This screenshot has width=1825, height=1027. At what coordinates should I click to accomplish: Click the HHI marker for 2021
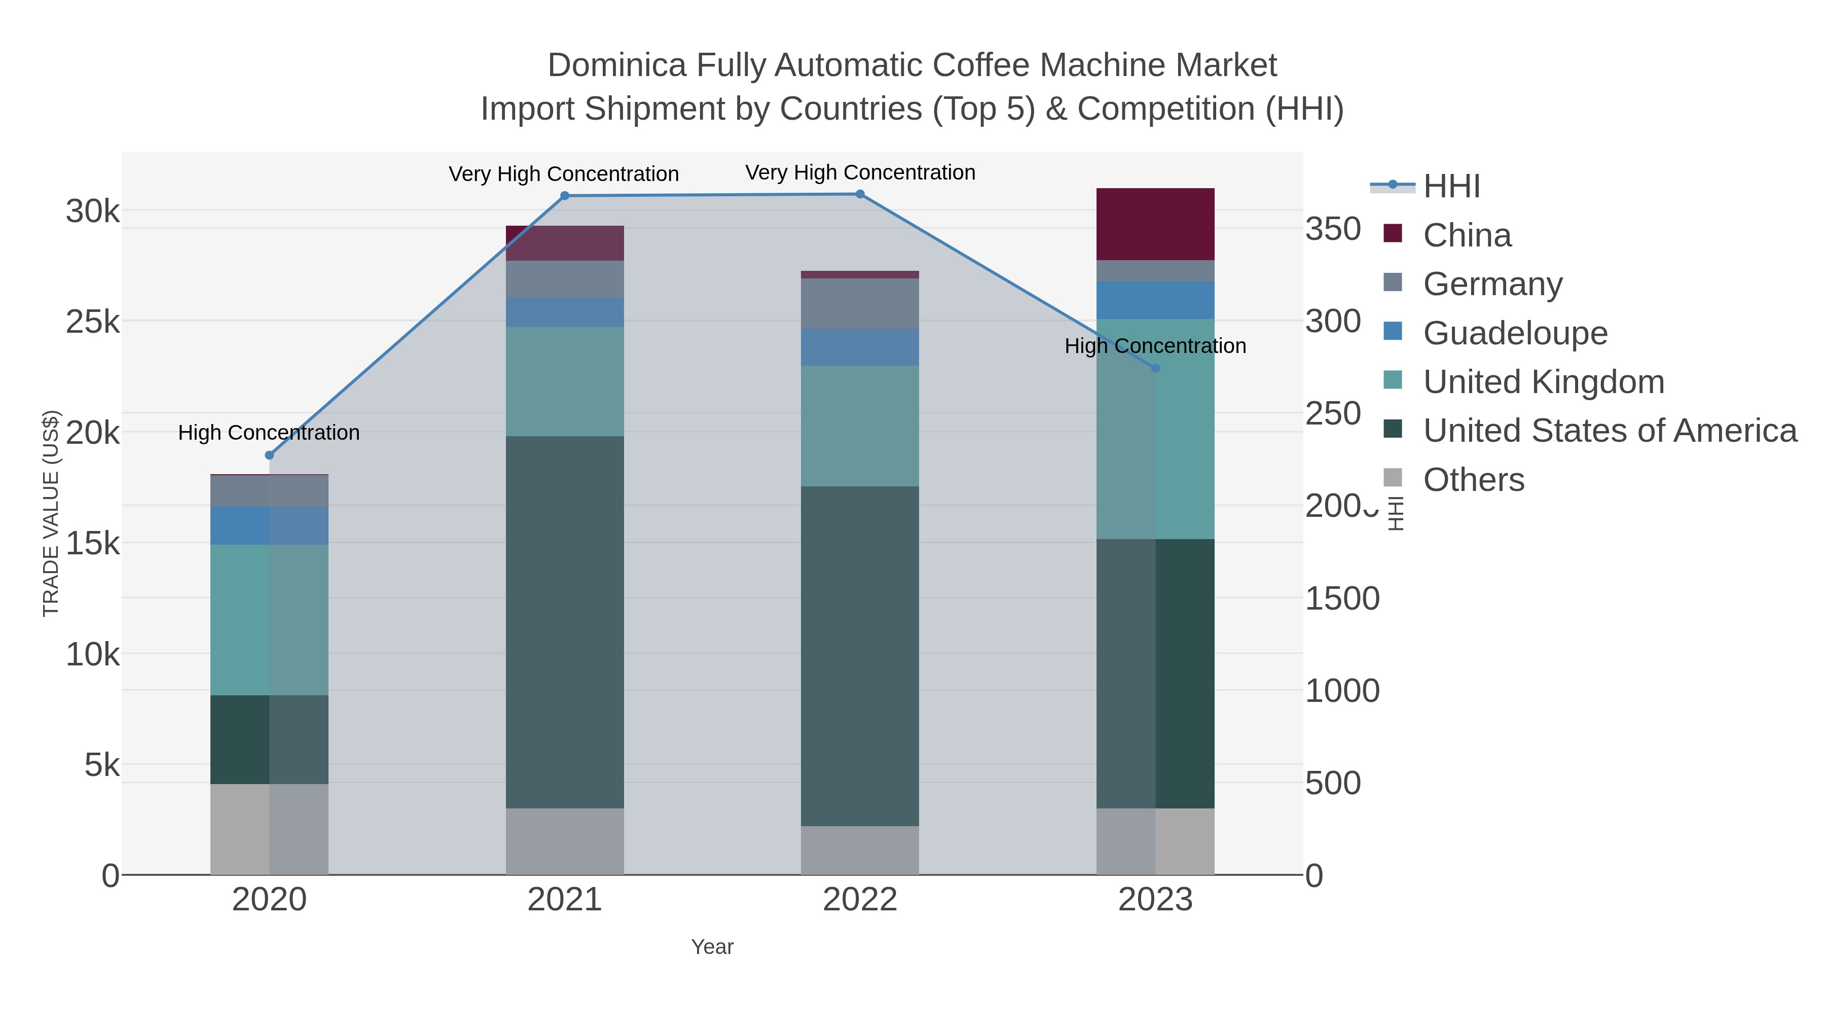click(565, 196)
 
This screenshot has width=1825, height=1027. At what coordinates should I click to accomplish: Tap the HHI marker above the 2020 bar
click(269, 455)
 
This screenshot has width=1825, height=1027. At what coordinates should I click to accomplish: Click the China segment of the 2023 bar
click(1155, 224)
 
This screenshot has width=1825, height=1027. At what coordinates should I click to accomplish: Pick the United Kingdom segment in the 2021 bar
click(565, 381)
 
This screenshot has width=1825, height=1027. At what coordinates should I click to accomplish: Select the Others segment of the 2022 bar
click(860, 850)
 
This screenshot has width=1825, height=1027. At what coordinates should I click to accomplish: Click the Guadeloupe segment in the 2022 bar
click(860, 347)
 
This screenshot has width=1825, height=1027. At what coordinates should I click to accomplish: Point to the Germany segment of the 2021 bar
click(565, 279)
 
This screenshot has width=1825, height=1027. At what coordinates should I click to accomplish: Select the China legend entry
click(1467, 235)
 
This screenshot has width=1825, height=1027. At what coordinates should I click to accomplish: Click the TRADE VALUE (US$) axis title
click(51, 513)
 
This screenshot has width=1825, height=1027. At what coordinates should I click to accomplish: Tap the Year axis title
click(712, 947)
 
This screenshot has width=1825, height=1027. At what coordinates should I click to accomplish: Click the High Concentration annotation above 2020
click(269, 432)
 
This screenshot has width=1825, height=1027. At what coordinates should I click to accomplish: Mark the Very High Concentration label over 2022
click(860, 172)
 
